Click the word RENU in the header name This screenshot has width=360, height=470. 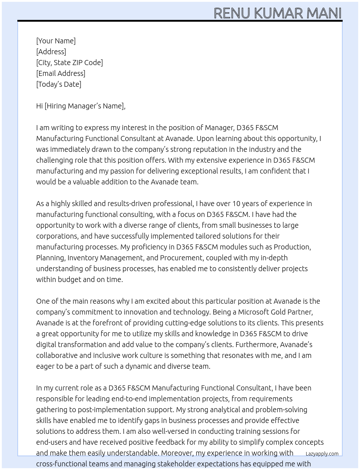[232, 13]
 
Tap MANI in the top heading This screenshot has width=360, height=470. [324, 13]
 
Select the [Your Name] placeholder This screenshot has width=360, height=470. [56, 41]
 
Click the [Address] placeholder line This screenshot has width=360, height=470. [51, 52]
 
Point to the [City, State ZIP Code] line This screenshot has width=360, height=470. [69, 63]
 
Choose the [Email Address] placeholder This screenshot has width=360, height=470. [61, 73]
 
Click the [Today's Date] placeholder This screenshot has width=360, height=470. [59, 84]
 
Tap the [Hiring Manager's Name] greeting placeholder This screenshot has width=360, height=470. [85, 106]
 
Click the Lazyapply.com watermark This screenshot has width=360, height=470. [322, 454]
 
